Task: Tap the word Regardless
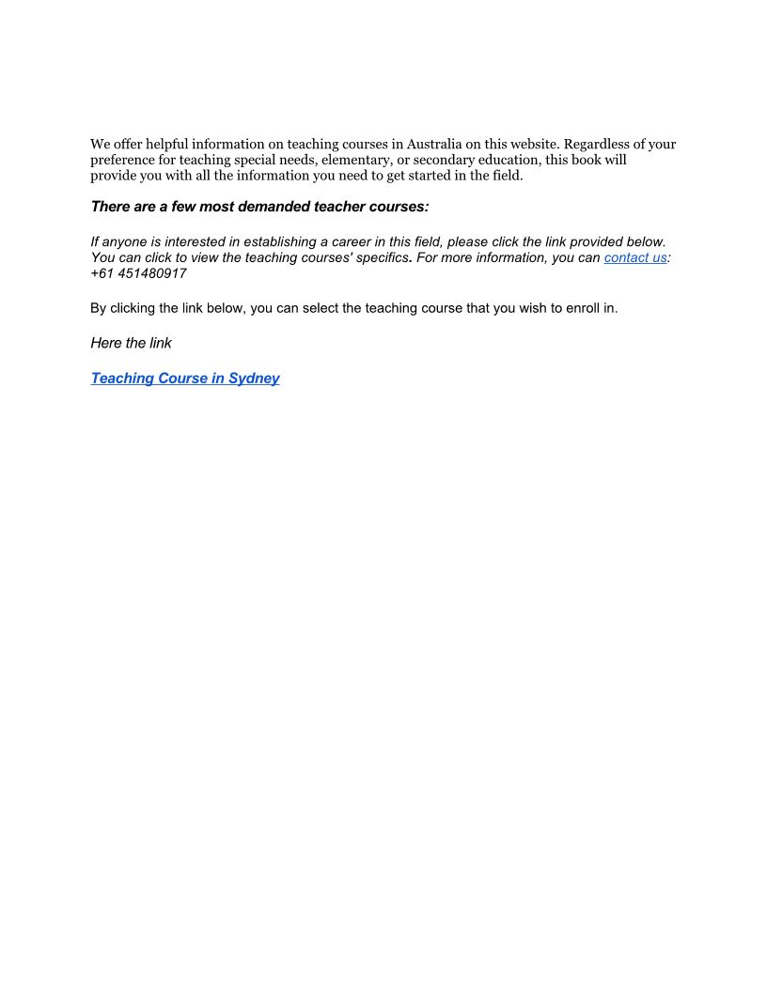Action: pos(598,144)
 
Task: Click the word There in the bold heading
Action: pos(111,207)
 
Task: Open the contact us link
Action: pos(635,257)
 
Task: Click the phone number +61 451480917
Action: pos(138,273)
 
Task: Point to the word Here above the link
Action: pos(105,343)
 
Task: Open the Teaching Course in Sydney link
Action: pos(185,379)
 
